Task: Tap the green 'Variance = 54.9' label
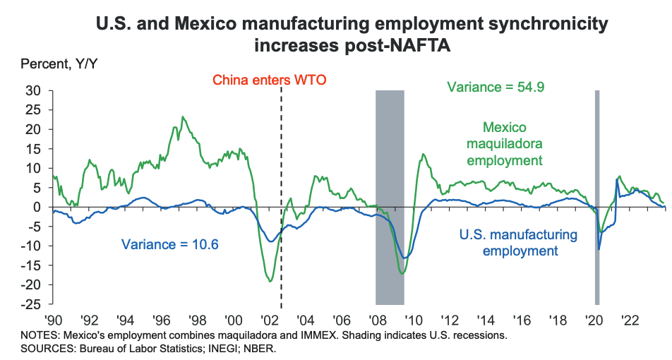click(496, 88)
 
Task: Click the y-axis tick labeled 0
click(39, 207)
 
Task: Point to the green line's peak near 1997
click(183, 117)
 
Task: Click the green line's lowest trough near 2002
click(270, 281)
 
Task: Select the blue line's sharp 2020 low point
click(599, 249)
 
